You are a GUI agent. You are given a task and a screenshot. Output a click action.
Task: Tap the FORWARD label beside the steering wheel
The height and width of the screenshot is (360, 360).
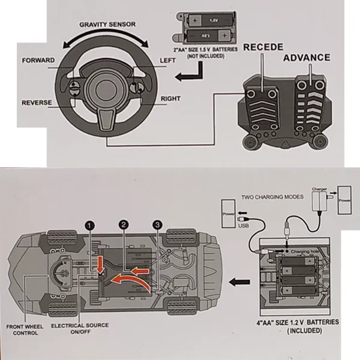pos(38,61)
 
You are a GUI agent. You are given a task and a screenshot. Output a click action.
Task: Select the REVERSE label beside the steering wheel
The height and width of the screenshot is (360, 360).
pos(37,103)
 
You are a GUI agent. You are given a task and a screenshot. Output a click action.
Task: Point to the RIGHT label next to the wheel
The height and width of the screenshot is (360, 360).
pos(171,98)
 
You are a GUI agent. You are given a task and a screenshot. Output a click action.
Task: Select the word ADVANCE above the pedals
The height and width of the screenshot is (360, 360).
pos(307,58)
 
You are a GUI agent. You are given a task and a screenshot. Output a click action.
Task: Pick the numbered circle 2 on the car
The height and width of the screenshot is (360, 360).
pos(124,225)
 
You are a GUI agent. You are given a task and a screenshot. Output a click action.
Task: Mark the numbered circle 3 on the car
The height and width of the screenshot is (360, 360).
pos(157,225)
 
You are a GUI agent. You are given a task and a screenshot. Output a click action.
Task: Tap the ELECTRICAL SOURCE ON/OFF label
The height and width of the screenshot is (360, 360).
pos(80,329)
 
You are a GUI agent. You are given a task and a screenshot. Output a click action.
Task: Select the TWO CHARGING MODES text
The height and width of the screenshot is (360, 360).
pos(269,197)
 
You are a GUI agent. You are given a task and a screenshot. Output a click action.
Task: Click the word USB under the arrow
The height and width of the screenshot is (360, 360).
pos(242,226)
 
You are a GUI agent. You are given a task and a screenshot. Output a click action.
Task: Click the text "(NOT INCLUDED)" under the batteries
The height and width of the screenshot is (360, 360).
pos(205,56)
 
